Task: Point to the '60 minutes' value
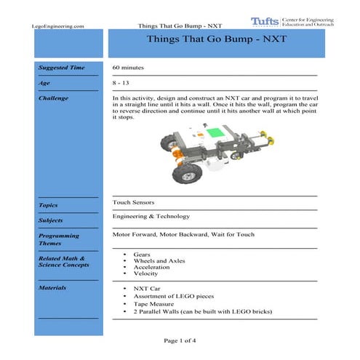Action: tap(128, 68)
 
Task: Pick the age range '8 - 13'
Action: tap(121, 83)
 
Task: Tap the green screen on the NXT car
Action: tap(215, 134)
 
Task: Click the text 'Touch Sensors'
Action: tap(133, 201)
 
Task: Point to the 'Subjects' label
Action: tap(51, 220)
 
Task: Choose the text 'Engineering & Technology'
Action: tap(151, 216)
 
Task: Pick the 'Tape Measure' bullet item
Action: tap(153, 305)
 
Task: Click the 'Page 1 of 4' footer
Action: tap(180, 340)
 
